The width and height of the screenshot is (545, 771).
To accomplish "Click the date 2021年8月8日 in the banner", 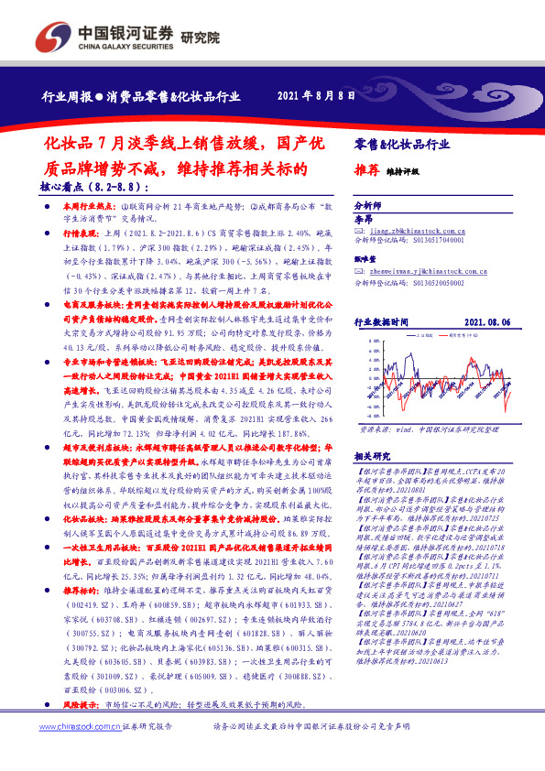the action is coord(315,96).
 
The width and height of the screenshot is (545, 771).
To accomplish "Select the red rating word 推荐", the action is coord(366,170).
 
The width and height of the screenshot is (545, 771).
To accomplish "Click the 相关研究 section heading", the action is coord(370,454).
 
